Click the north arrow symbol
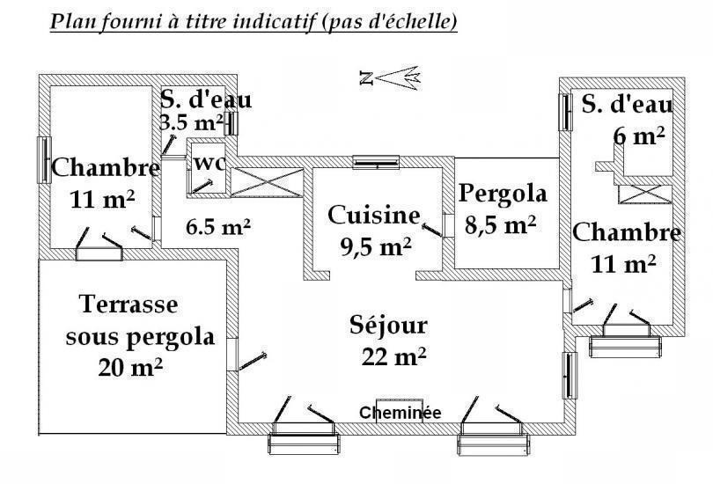(390, 77)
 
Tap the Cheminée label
(400, 413)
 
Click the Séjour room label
(389, 326)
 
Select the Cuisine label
(374, 215)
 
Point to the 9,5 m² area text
(376, 246)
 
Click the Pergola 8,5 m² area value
(501, 224)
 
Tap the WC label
(209, 163)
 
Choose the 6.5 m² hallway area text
(218, 227)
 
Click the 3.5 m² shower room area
(191, 122)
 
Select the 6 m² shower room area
(639, 136)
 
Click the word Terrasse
(129, 304)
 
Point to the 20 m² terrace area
(130, 367)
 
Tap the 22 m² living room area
(393, 356)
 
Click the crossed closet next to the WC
(267, 183)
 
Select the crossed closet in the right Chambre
(645, 194)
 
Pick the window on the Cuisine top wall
(377, 162)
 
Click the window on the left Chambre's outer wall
(44, 160)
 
